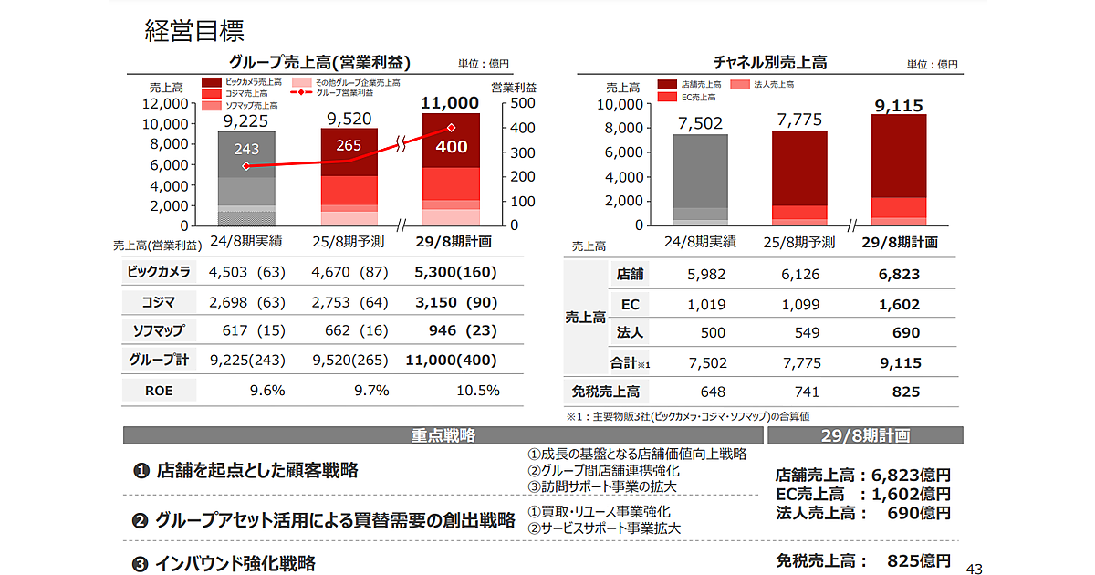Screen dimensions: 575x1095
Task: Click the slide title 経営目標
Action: point(194,32)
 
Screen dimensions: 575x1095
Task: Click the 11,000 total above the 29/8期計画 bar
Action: point(450,103)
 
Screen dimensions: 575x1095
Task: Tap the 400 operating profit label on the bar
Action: point(451,147)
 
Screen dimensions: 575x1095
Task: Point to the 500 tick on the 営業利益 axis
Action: point(516,104)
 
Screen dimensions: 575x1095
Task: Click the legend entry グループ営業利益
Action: point(343,93)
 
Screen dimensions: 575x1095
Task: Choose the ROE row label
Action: point(158,391)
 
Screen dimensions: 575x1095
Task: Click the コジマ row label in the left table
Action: point(158,301)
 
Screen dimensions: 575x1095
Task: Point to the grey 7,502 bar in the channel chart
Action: point(700,179)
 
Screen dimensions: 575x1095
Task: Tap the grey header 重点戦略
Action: point(443,435)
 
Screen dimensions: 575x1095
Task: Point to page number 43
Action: point(974,568)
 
